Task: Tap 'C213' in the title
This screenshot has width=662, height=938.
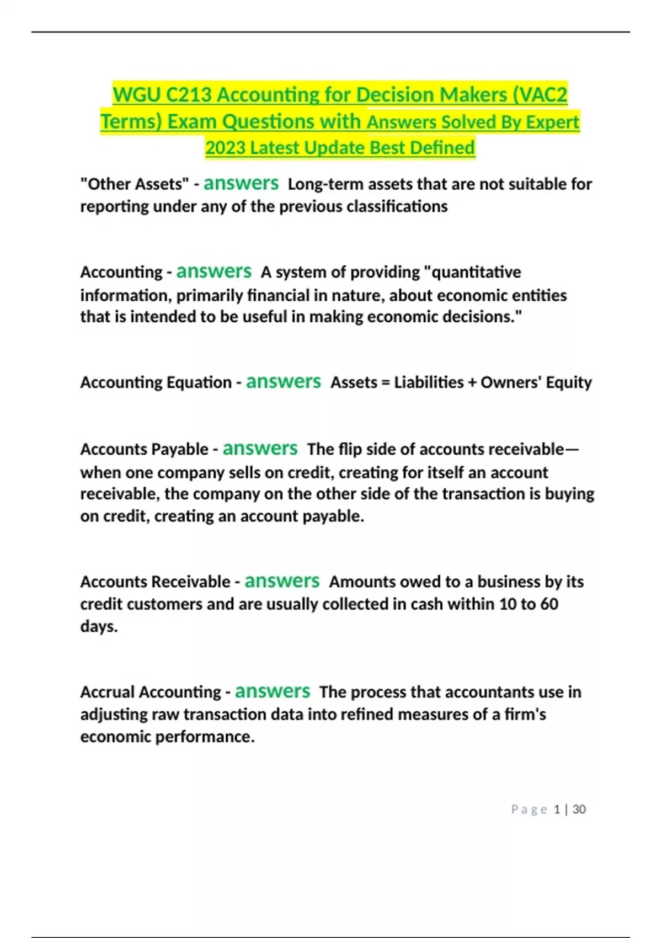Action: pyautogui.click(x=188, y=95)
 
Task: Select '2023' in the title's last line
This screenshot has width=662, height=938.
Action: pyautogui.click(x=225, y=148)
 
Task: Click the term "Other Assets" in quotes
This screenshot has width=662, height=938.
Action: pyautogui.click(x=135, y=184)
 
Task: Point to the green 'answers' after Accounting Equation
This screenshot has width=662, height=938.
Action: pyautogui.click(x=283, y=382)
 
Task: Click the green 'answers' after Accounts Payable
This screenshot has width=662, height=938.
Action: pyautogui.click(x=260, y=449)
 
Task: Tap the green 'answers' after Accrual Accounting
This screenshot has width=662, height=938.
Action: pyautogui.click(x=273, y=691)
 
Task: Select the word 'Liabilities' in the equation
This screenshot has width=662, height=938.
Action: pyautogui.click(x=429, y=382)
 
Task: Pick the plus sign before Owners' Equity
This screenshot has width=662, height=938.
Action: pyautogui.click(x=472, y=382)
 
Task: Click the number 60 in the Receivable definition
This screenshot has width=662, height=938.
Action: pyautogui.click(x=549, y=604)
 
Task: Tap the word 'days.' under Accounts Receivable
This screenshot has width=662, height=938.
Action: pyautogui.click(x=99, y=627)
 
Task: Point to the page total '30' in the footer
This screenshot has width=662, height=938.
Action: pyautogui.click(x=579, y=809)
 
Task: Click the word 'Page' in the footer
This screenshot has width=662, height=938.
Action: pyautogui.click(x=528, y=809)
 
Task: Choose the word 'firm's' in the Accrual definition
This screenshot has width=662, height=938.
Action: pyautogui.click(x=525, y=715)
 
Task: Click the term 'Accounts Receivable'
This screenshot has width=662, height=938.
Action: pyautogui.click(x=155, y=582)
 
